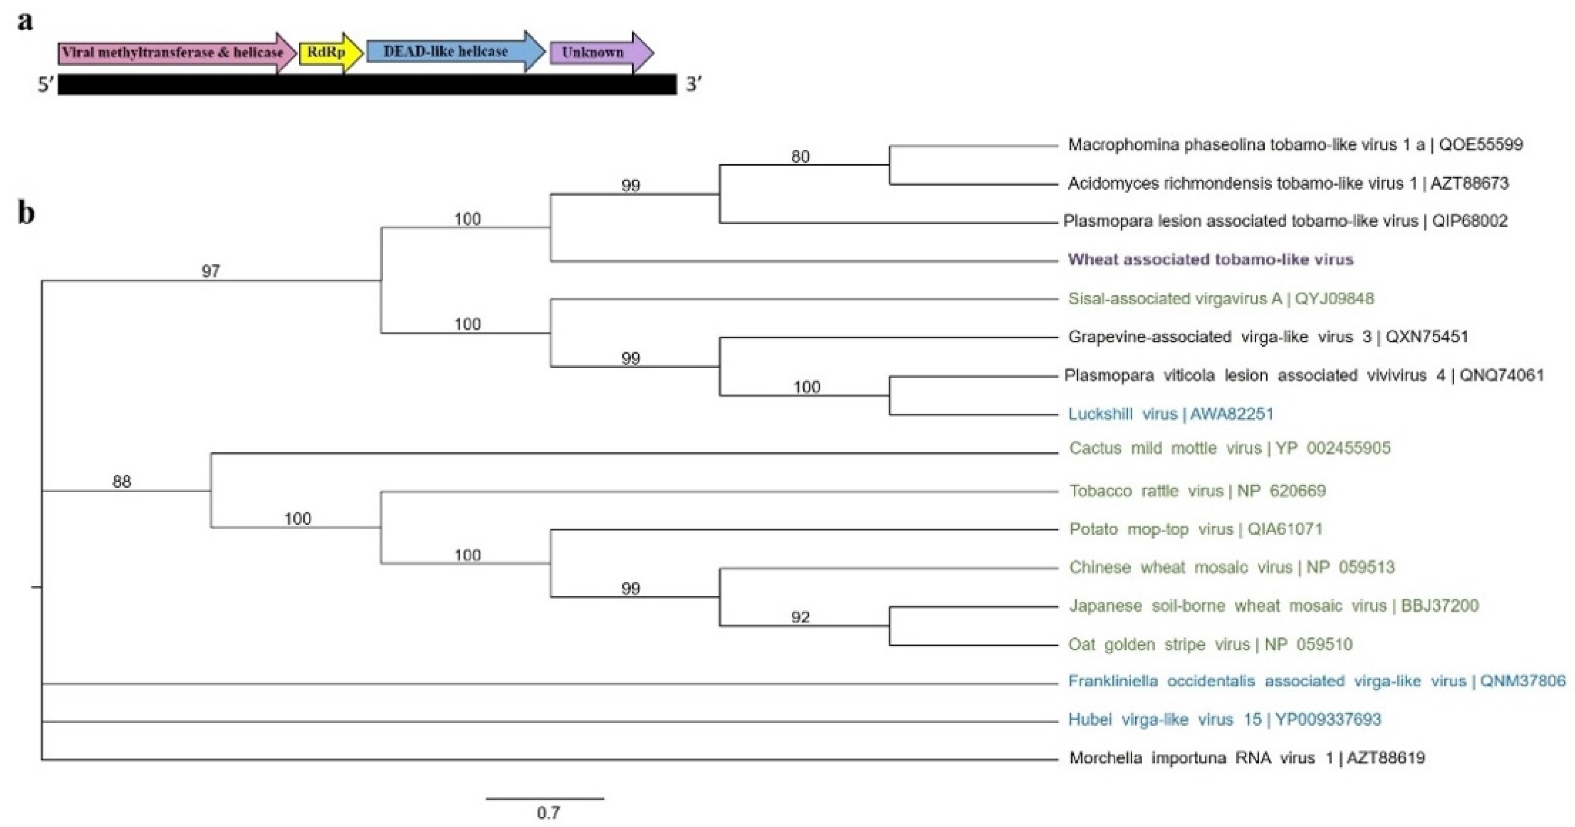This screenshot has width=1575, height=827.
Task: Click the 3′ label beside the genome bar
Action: pos(693,84)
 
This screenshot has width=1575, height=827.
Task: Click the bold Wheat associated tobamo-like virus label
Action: pos(1210,259)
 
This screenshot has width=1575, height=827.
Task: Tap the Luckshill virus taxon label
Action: pos(1170,414)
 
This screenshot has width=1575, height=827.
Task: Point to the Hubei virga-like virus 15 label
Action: pos(1224,719)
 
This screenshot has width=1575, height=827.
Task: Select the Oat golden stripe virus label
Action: pos(1210,644)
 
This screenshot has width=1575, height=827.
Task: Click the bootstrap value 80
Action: pos(800,157)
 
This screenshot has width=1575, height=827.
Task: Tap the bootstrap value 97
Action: pos(210,271)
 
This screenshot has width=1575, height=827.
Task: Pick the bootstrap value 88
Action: pos(121,482)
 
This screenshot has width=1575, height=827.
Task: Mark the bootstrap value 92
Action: pos(800,617)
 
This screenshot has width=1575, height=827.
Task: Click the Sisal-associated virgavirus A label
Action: pos(1220,299)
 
